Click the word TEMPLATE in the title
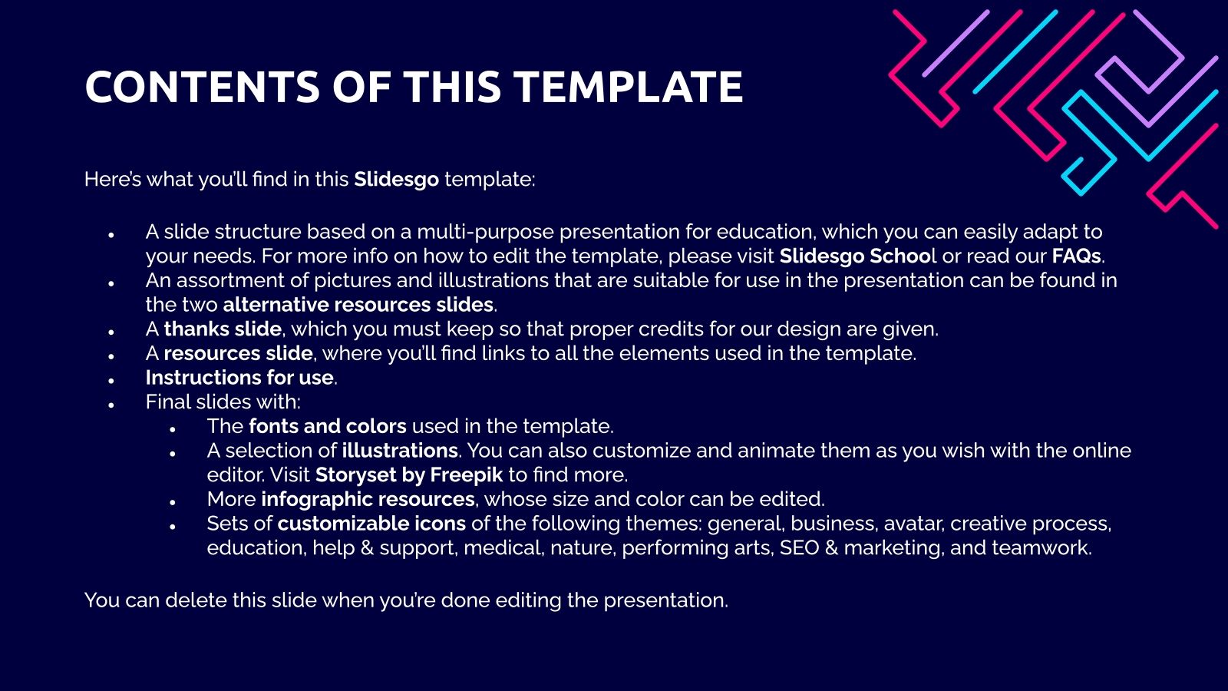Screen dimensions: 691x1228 [x=629, y=87]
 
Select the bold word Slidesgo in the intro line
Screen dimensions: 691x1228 [x=396, y=180]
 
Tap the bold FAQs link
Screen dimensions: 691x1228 [x=1076, y=256]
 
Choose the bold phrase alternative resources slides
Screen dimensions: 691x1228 [x=358, y=305]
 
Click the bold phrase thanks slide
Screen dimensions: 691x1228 [x=223, y=329]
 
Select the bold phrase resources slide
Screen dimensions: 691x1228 [x=238, y=354]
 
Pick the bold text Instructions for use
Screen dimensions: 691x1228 [x=239, y=378]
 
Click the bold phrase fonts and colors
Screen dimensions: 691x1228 [x=328, y=427]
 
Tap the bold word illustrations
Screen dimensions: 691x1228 [x=400, y=451]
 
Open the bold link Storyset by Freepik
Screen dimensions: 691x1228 [x=408, y=475]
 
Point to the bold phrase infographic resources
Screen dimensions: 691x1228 [x=368, y=500]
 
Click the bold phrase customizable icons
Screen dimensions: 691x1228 [x=371, y=524]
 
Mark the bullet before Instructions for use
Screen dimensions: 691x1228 [x=111, y=380]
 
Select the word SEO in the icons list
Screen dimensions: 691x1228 [x=799, y=548]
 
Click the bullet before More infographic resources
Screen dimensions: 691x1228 [x=173, y=502]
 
